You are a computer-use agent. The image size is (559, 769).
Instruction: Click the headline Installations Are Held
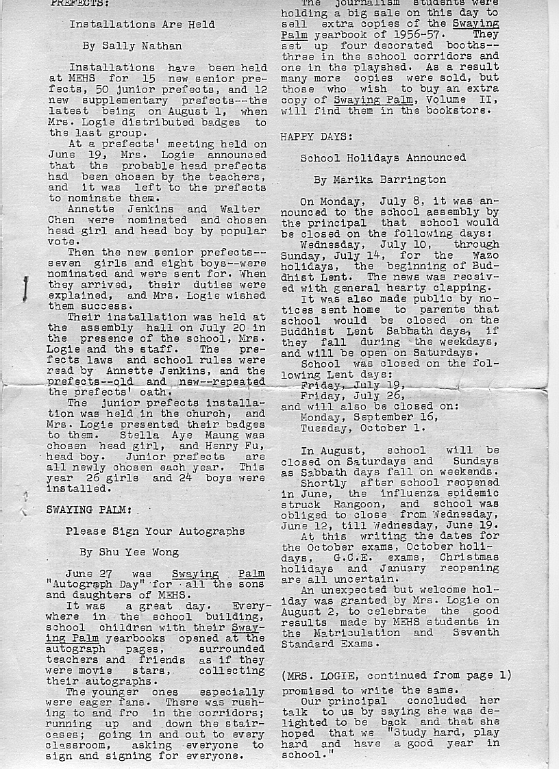[x=142, y=25]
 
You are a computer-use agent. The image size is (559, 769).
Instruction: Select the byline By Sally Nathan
[x=132, y=46]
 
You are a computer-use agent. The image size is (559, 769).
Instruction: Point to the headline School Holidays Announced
[x=383, y=158]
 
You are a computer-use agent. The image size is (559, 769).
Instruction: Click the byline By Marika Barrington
[x=380, y=180]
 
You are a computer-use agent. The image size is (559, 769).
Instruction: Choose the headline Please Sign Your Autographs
[x=156, y=531]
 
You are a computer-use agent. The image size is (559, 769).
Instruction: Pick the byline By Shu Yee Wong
[x=129, y=552]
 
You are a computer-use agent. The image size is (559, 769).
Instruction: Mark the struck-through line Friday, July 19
[x=353, y=386]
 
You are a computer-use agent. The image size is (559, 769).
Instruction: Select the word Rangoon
[x=336, y=503]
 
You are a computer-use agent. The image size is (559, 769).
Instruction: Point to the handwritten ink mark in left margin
[x=25, y=289]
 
